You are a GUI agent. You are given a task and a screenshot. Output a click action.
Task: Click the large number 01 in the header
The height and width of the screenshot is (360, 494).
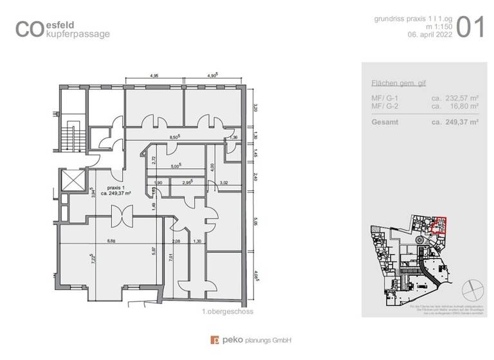[x=471, y=29]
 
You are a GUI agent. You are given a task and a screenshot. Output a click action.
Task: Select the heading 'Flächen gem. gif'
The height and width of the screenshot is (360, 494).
[x=399, y=84]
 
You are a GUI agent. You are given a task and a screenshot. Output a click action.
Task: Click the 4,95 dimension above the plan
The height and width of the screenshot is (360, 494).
[x=154, y=75]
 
